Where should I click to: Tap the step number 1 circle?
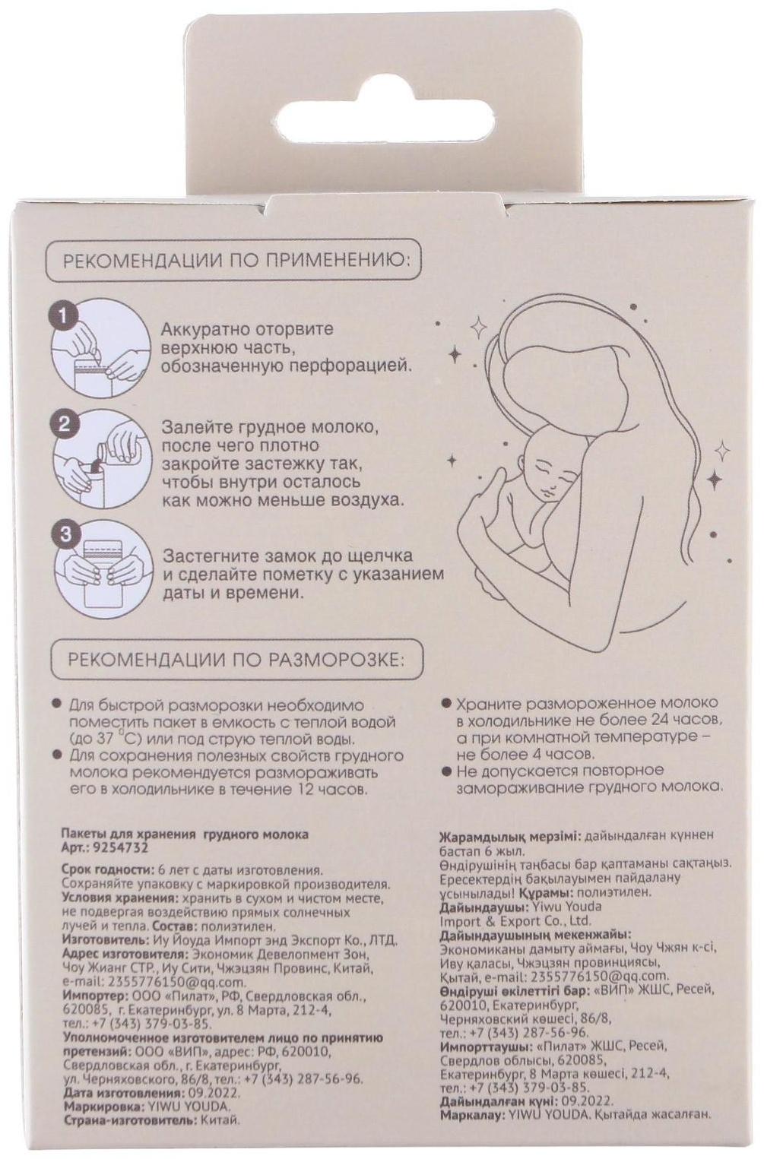click(62, 317)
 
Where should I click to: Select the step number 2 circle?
click(64, 424)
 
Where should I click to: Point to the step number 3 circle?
click(64, 534)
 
